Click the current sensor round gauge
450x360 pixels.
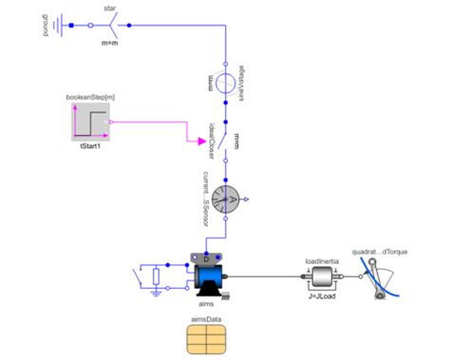[224, 199]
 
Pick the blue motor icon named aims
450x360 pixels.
[208, 275]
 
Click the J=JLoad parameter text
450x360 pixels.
[323, 296]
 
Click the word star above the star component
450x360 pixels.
[110, 8]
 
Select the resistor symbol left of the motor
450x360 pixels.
[157, 275]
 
